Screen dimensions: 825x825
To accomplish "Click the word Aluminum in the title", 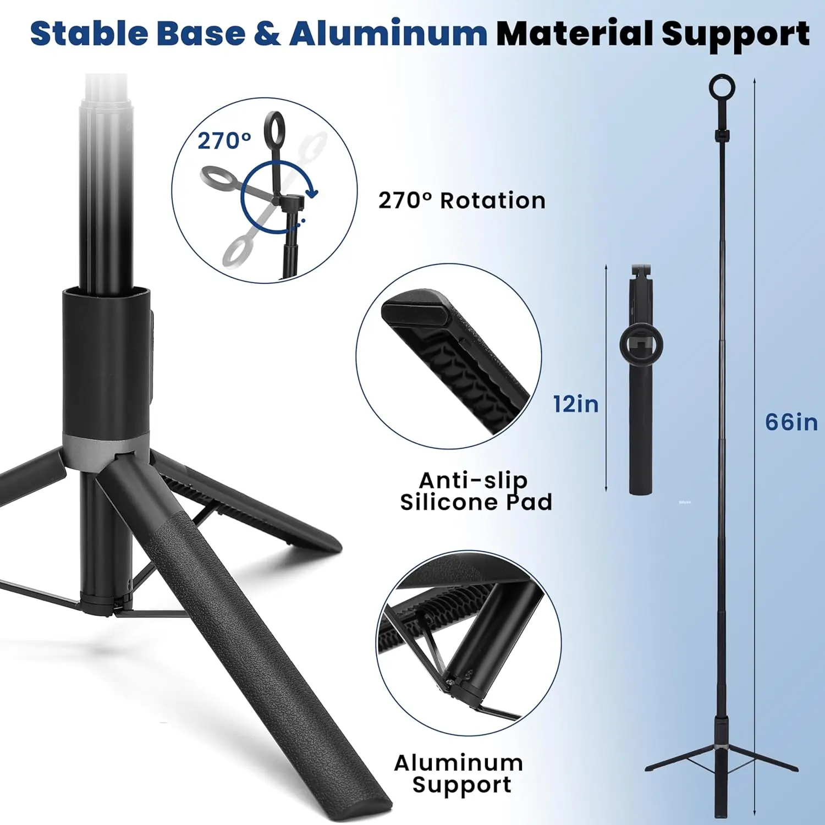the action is (x=388, y=34).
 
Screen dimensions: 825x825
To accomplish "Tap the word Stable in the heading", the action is (x=89, y=34).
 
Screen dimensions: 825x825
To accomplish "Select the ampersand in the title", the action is (x=267, y=34).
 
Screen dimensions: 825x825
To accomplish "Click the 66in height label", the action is (x=791, y=422).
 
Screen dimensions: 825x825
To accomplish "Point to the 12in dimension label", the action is (x=576, y=404).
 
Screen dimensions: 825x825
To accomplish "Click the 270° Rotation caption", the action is (x=462, y=201).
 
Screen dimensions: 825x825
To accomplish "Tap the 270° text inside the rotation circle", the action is (x=224, y=141).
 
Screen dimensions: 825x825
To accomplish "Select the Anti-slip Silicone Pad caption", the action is (x=476, y=491).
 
